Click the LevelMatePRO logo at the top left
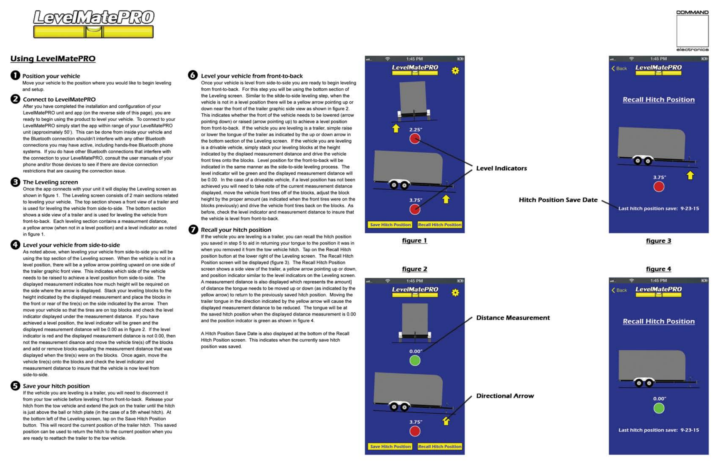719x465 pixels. point(93,24)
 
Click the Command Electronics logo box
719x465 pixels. point(692,31)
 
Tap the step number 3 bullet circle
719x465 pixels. point(15,182)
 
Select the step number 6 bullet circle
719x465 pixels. point(193,75)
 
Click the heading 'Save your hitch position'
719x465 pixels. point(56,386)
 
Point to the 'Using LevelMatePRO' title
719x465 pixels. point(53,59)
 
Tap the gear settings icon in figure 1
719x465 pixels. point(455,71)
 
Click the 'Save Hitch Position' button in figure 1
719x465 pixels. point(390,225)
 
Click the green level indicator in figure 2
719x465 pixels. point(415,360)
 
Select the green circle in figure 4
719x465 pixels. point(659,408)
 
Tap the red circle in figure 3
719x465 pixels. point(659,187)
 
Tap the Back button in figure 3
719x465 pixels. point(619,68)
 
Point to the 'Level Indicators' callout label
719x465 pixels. point(501,168)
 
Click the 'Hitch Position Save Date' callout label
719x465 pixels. point(558,200)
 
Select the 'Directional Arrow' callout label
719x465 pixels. point(505,396)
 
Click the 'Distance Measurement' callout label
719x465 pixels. point(513,318)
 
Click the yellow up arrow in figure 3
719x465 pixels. point(690,176)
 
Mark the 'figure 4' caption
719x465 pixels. point(658,269)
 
